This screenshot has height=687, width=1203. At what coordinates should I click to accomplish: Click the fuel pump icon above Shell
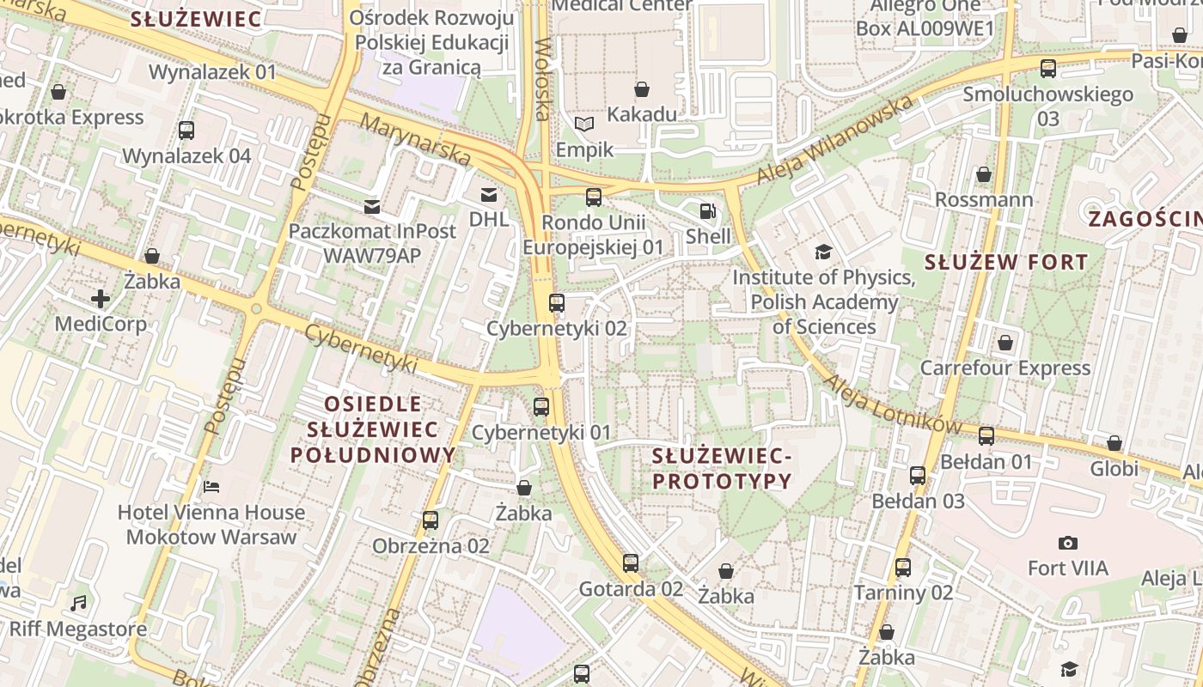pos(706,210)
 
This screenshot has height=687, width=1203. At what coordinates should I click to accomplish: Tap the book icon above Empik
pos(584,125)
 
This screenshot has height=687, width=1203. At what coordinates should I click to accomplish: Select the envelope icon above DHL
pos(489,195)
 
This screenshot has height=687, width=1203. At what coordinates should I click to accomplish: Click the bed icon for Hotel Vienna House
pos(211,487)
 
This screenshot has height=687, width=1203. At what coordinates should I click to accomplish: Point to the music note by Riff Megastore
pos(79,603)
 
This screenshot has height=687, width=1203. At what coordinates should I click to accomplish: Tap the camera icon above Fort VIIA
pos(1068,543)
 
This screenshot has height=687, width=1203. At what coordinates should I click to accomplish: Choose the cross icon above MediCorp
pos(101,299)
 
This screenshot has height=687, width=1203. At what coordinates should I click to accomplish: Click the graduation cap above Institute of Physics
pos(823,252)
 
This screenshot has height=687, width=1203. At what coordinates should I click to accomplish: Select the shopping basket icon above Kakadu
pos(642,89)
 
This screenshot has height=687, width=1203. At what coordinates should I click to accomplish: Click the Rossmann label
pos(984,200)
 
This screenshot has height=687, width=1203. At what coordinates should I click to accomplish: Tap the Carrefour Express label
pos(1005,368)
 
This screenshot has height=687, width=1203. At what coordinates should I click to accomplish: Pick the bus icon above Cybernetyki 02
pos(557,302)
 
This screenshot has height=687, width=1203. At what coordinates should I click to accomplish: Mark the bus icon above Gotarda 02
pos(631,563)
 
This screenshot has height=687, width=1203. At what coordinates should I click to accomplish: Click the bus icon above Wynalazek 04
pos(186,131)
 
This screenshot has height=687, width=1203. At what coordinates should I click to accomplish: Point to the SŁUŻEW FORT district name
pos(1006,262)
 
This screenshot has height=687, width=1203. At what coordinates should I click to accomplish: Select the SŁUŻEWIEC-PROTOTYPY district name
pos(721,468)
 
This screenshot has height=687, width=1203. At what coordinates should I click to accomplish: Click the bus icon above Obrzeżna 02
pos(431,520)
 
